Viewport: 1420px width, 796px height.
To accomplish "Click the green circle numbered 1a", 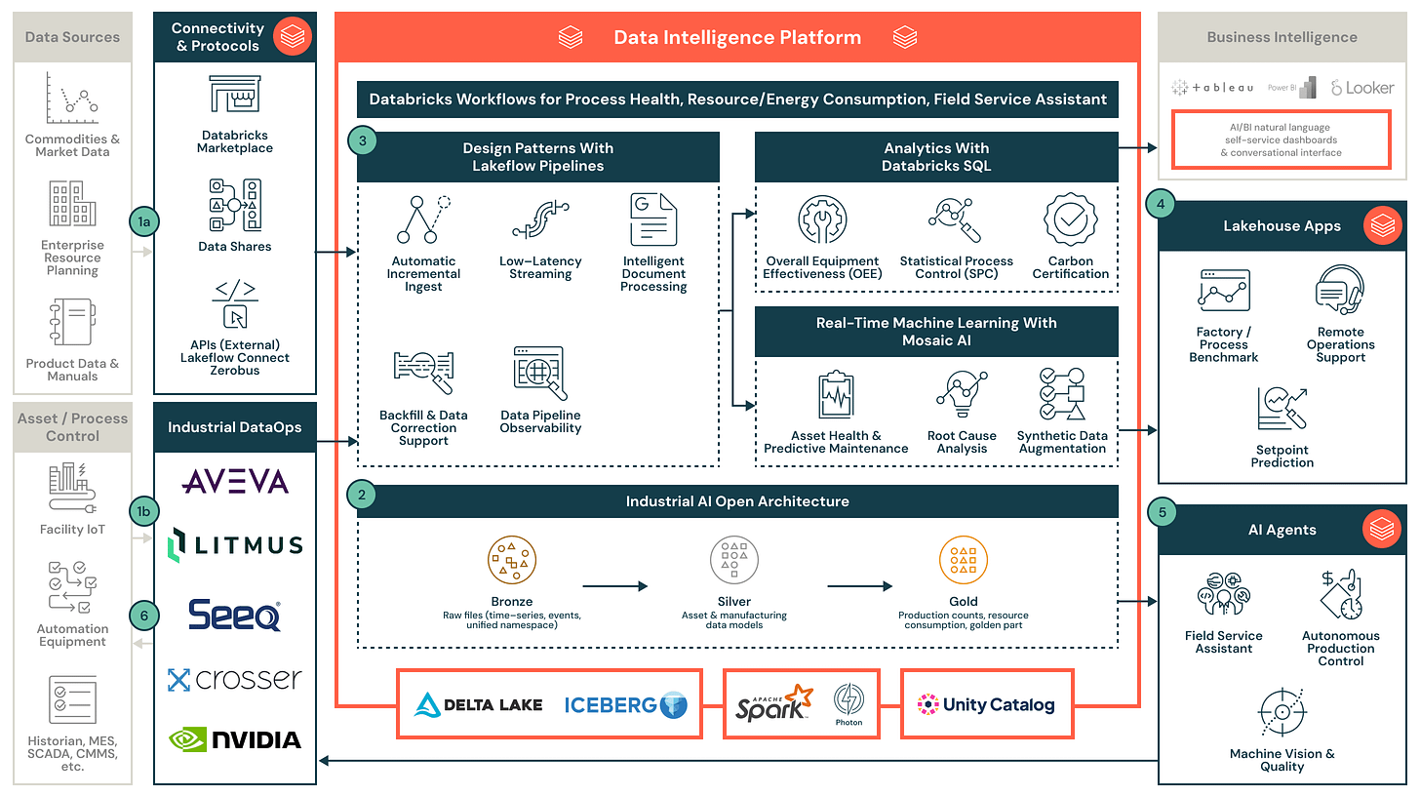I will click(143, 222).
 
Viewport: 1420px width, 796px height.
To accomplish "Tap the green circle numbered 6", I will click(143, 616).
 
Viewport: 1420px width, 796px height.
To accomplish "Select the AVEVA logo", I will click(235, 481).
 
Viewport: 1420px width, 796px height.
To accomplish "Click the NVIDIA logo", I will click(235, 739).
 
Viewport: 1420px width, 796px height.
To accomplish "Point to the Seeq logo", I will click(235, 615).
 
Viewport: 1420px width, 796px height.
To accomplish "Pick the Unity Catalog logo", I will click(986, 704).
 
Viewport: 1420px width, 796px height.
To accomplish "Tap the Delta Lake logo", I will click(479, 704).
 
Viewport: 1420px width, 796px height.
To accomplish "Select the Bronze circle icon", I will click(512, 560).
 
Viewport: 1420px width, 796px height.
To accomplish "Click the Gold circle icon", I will click(964, 560).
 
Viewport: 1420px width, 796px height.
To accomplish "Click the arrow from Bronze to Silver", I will click(614, 586).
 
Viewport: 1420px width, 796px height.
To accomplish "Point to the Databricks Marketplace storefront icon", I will click(234, 94).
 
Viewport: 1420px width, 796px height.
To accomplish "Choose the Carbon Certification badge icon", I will click(1070, 219).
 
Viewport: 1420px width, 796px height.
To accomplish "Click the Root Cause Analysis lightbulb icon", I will click(962, 394).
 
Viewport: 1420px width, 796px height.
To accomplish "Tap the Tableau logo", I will click(1212, 88).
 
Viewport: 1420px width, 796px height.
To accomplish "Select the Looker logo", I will click(1362, 88).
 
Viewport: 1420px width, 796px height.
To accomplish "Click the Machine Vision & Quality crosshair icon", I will click(1282, 713).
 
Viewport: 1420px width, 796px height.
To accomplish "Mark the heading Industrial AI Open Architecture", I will click(737, 501).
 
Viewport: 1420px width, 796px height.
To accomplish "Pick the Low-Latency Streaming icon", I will click(540, 219).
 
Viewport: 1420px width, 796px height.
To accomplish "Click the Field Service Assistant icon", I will click(1223, 593).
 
